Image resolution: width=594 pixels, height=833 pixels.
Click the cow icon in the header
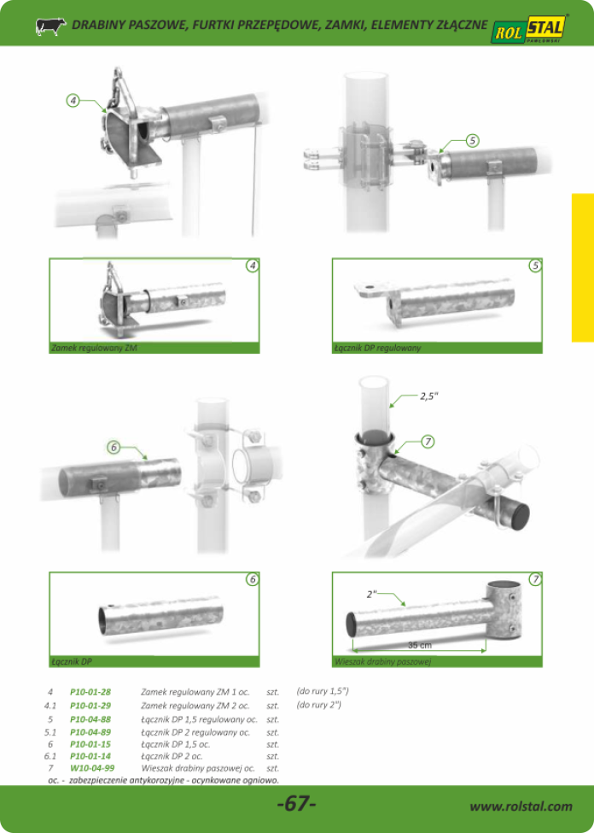pyautogui.click(x=50, y=26)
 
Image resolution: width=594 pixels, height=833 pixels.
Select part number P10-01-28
pyautogui.click(x=90, y=692)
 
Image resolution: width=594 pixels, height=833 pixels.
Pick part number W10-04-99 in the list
pyautogui.click(x=92, y=768)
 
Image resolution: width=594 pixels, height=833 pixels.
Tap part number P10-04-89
pyautogui.click(x=90, y=732)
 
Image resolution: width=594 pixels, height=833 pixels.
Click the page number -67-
pyautogui.click(x=297, y=804)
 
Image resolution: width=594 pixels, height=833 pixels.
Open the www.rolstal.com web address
pyautogui.click(x=521, y=806)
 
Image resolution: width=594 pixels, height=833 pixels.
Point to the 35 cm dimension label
pyautogui.click(x=419, y=645)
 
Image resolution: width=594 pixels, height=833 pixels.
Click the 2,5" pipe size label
pyautogui.click(x=428, y=396)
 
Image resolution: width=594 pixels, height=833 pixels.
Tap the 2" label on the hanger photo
pyautogui.click(x=371, y=595)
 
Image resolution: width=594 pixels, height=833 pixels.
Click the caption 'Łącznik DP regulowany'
pyautogui.click(x=377, y=349)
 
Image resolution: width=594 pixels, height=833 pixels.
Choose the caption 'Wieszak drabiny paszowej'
pyautogui.click(x=381, y=662)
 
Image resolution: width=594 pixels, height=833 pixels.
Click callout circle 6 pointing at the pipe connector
pyautogui.click(x=114, y=448)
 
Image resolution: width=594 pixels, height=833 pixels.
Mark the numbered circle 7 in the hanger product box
pyautogui.click(x=536, y=579)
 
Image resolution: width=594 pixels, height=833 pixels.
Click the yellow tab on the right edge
pyautogui.click(x=583, y=267)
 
